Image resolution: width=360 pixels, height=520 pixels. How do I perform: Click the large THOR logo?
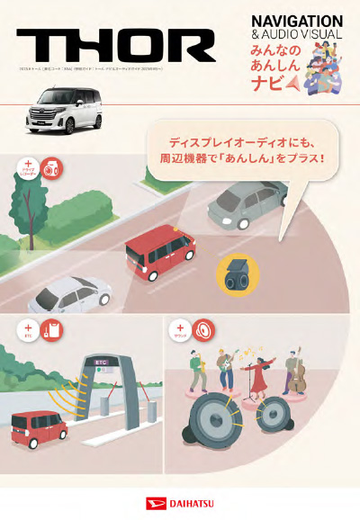[x=116, y=45]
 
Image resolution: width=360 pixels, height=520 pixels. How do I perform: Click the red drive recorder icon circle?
[x=51, y=167]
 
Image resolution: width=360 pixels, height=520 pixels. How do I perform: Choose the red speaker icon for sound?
[x=205, y=330]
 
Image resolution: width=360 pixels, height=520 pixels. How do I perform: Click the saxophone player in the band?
[x=200, y=367]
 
